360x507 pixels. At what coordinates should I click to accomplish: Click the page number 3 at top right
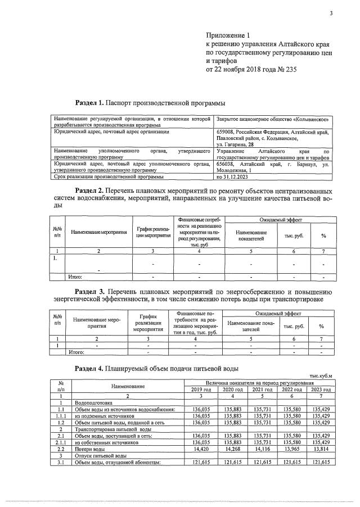point(331,13)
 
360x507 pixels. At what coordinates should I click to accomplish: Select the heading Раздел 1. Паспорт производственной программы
point(150,103)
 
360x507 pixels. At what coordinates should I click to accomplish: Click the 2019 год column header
point(201,389)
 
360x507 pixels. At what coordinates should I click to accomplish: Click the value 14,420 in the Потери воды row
point(201,450)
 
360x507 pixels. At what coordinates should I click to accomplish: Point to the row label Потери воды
point(89,450)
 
